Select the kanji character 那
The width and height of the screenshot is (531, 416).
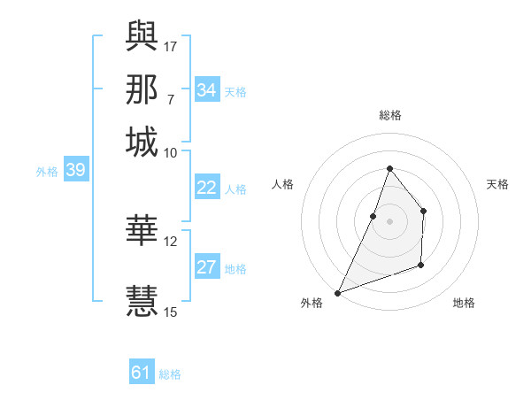(142, 89)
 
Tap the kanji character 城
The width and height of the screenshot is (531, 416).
(142, 143)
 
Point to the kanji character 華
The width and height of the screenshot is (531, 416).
(142, 230)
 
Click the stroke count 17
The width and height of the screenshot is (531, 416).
(171, 45)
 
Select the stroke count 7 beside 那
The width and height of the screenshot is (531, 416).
(170, 99)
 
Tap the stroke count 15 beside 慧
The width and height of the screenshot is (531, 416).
(171, 312)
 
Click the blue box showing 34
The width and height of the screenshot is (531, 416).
(207, 90)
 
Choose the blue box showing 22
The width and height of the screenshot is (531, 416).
(207, 188)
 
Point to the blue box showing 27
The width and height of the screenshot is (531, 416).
(207, 268)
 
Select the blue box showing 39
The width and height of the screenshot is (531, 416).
(75, 171)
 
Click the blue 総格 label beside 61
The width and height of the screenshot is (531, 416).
(170, 374)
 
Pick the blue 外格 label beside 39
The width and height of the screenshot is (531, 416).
(47, 172)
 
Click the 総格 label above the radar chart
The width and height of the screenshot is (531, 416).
(389, 115)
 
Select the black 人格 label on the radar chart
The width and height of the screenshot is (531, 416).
(282, 184)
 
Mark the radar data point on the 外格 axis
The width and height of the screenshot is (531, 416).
(337, 292)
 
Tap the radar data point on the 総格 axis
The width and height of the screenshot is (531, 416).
(389, 168)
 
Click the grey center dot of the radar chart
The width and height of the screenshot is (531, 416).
(389, 221)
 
